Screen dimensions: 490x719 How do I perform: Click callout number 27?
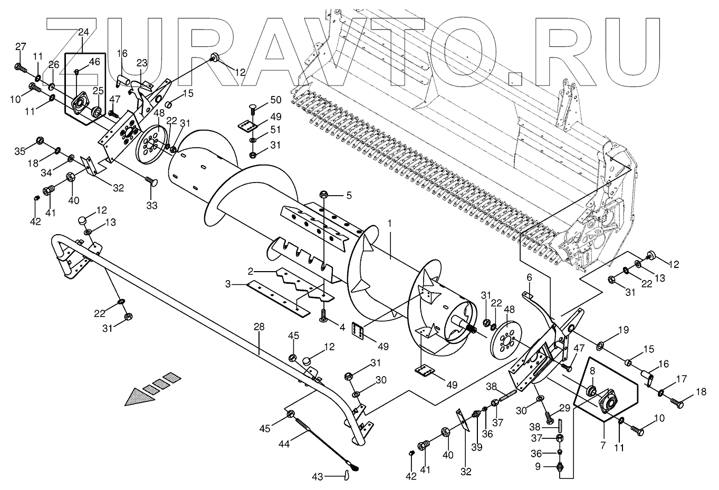click(20, 47)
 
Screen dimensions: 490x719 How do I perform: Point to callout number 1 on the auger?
click(390, 224)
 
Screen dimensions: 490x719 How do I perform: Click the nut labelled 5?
click(323, 195)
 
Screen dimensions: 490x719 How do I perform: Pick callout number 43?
click(331, 477)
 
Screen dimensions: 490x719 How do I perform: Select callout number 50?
click(275, 100)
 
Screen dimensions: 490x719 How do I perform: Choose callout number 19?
click(624, 331)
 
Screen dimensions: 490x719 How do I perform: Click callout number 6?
click(529, 277)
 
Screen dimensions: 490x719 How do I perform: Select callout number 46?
click(94, 62)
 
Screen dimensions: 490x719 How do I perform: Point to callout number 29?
click(565, 408)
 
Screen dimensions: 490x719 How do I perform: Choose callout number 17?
click(667, 379)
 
